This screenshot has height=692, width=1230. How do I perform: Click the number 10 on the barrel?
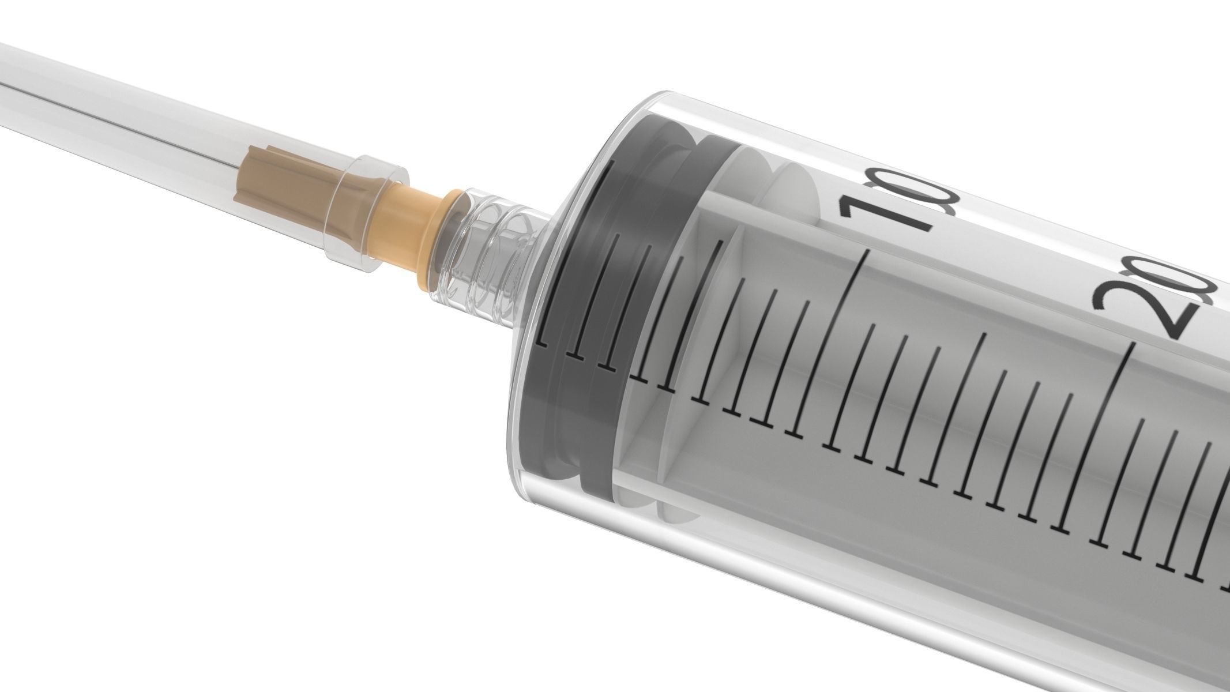pyautogui.click(x=897, y=205)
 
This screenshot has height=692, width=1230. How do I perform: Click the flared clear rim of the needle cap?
pyautogui.click(x=369, y=213)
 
